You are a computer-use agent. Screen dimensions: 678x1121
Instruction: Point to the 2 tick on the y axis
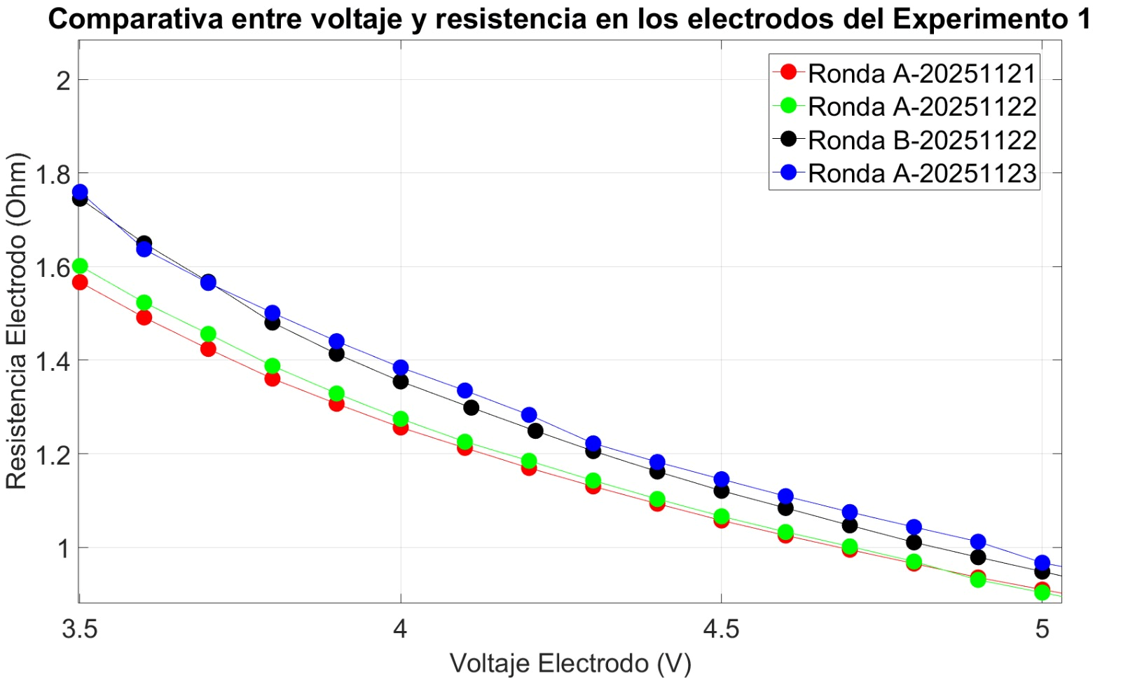click(x=64, y=81)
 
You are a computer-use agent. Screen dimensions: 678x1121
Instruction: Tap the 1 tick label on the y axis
click(x=64, y=548)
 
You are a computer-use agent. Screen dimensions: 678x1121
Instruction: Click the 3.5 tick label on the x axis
click(x=79, y=629)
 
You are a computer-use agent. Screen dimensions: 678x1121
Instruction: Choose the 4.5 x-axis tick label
click(x=721, y=629)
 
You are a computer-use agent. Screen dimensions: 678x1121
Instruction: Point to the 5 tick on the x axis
click(x=1042, y=629)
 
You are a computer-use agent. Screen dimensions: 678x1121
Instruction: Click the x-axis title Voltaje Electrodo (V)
click(x=570, y=663)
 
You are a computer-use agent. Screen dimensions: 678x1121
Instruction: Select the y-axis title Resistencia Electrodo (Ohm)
click(x=17, y=321)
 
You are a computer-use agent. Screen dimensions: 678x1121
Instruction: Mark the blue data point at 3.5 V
click(x=80, y=191)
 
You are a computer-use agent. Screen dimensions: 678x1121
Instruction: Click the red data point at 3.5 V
click(x=80, y=283)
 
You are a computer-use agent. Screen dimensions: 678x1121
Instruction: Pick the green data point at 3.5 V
click(x=80, y=266)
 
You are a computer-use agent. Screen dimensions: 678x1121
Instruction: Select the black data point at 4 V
click(x=401, y=381)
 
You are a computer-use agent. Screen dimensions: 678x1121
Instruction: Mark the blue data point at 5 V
click(x=1042, y=562)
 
